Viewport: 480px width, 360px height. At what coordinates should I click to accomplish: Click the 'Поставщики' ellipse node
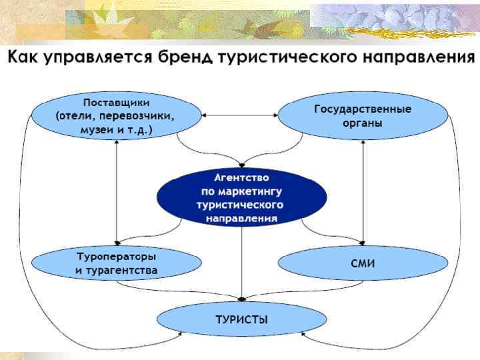point(116,116)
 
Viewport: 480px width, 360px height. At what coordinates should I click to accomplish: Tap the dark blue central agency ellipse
point(241,197)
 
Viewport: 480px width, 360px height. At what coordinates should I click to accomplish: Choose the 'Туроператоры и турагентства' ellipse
point(116,263)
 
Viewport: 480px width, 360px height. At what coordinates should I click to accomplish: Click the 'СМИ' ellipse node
point(363,263)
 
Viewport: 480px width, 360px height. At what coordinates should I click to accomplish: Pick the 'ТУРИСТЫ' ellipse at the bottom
point(241,319)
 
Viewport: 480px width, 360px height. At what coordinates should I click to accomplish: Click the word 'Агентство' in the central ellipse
point(241,178)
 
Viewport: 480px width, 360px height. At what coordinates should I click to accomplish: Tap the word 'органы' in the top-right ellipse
point(363,123)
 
